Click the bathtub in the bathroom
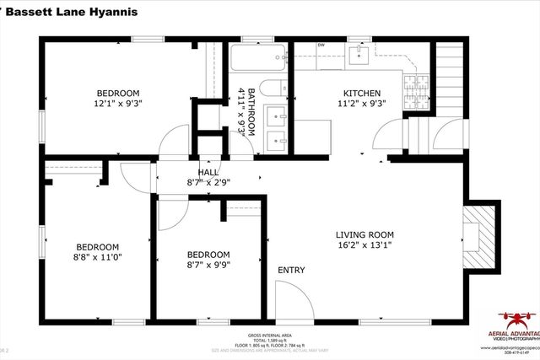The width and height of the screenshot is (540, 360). (x=257, y=60)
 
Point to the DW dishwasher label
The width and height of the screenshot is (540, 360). (x=321, y=46)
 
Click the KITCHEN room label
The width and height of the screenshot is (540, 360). (x=361, y=94)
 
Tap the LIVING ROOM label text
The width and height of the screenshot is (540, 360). (x=364, y=235)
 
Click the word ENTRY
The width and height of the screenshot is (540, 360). (x=291, y=270)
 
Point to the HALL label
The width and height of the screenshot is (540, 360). (x=208, y=171)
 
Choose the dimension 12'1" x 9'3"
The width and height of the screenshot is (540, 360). (x=117, y=105)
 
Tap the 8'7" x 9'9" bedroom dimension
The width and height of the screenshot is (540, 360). (x=208, y=266)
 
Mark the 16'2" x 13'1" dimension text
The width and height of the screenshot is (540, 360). (x=364, y=246)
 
